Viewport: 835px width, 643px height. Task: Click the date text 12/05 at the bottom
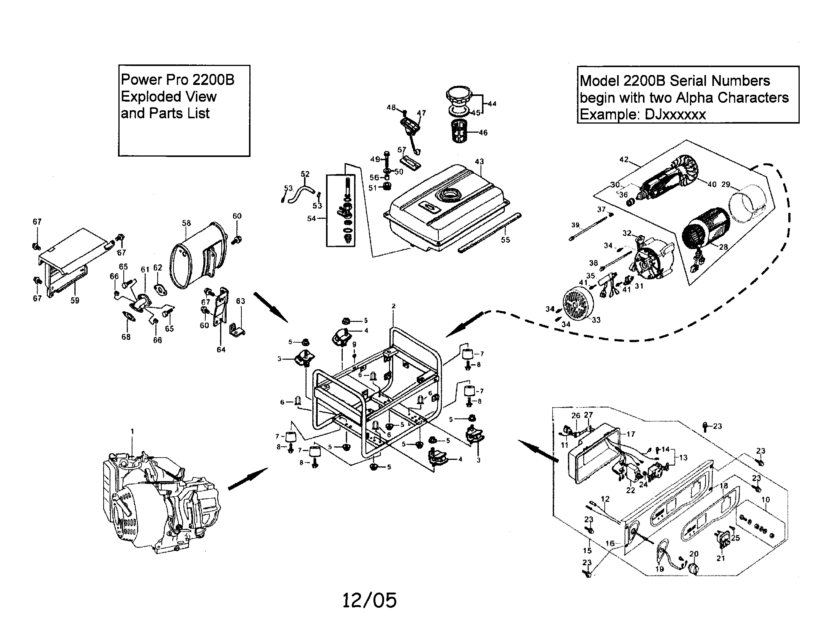369,600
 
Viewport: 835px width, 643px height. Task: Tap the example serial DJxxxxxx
675,114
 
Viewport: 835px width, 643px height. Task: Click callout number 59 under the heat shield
74,300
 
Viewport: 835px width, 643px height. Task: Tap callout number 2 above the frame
394,306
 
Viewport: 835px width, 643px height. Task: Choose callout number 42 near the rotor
624,159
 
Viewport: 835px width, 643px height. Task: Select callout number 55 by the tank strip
505,240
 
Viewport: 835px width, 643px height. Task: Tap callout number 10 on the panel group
765,500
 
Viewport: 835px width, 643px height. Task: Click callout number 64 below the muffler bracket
221,350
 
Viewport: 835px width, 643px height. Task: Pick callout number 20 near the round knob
693,554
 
